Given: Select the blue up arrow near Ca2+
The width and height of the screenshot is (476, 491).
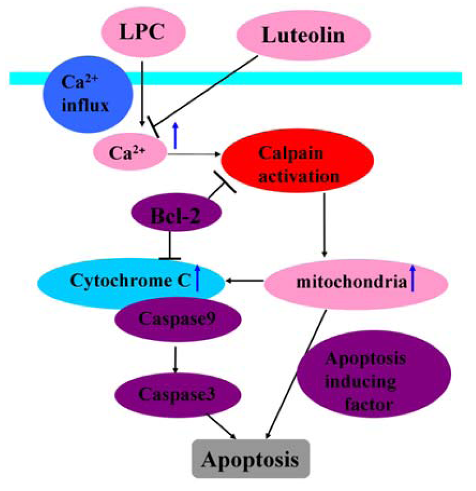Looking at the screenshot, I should pos(175,135).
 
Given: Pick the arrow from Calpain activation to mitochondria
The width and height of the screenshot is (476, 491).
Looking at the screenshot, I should pos(324,223).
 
